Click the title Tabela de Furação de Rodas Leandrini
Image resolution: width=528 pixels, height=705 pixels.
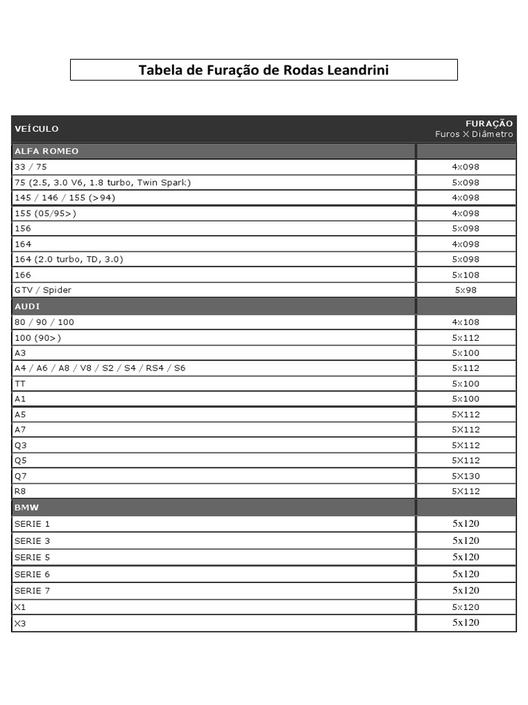pyautogui.click(x=263, y=70)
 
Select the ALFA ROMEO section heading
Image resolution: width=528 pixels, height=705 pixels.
pyautogui.click(x=47, y=151)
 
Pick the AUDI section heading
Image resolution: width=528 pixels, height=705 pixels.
pyautogui.click(x=27, y=306)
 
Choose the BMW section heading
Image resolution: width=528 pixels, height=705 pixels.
pyautogui.click(x=27, y=507)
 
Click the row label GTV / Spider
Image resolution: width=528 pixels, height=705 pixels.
pyautogui.click(x=43, y=290)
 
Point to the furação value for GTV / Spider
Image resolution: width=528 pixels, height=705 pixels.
pyautogui.click(x=465, y=290)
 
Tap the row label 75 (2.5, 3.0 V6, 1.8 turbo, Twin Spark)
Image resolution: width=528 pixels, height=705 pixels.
pyautogui.click(x=102, y=182)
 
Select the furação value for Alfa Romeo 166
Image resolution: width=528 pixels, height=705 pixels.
pyautogui.click(x=465, y=275)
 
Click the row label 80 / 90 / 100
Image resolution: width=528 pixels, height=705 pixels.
pyautogui.click(x=44, y=322)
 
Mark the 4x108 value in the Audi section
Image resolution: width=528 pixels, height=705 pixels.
pyautogui.click(x=465, y=322)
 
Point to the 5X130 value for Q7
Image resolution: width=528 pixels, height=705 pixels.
pyautogui.click(x=465, y=476)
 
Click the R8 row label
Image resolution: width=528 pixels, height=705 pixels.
pyautogui.click(x=20, y=491)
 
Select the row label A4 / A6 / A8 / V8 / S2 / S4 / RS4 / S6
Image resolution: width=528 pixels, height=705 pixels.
pyautogui.click(x=100, y=368)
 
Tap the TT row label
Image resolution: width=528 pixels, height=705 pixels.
pyautogui.click(x=19, y=383)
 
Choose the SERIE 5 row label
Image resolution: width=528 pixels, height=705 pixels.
pyautogui.click(x=32, y=557)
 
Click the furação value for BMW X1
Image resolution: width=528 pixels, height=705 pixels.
pyautogui.click(x=465, y=607)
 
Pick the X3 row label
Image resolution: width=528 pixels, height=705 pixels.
pyautogui.click(x=20, y=623)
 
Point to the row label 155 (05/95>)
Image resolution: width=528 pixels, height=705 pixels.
pyautogui.click(x=45, y=213)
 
